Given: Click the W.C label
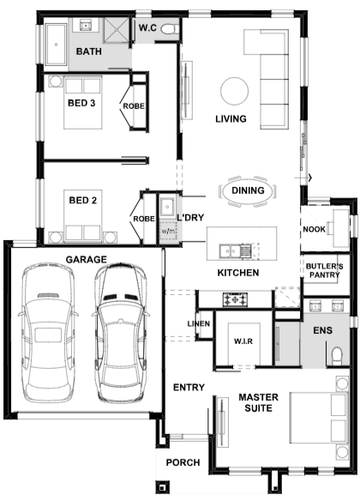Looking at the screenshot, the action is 147,27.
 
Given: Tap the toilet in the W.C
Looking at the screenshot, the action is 170,29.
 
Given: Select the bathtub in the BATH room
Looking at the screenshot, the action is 57,45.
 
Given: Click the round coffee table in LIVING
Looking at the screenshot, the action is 234,91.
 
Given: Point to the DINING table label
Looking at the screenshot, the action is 248,190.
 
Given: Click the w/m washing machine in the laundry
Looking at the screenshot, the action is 168,231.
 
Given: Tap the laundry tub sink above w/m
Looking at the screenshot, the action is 167,208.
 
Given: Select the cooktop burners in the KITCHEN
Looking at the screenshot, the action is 236,299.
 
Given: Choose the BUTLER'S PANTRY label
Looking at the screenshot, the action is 324,270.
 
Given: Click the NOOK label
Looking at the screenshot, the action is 314,229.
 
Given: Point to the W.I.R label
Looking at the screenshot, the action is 243,341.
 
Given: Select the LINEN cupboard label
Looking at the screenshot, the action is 199,323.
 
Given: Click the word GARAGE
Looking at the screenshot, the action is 86,259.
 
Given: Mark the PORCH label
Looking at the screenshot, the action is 183,462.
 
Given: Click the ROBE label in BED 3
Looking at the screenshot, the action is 134,106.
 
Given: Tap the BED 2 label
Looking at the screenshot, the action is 83,200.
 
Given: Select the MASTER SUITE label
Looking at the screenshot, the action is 258,402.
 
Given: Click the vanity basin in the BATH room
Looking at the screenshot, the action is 86,25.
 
